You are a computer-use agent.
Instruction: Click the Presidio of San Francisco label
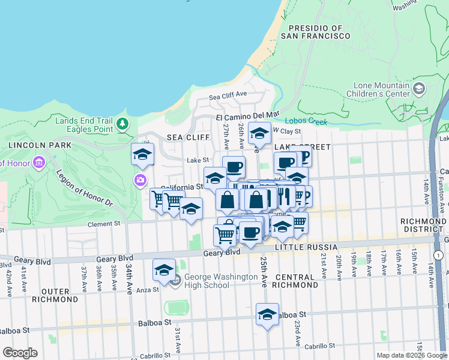pos(319,32)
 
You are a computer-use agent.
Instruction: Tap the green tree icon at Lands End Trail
pos(123,124)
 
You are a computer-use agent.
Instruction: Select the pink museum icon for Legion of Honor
pos(40,163)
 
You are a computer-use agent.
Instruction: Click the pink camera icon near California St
pos(140,179)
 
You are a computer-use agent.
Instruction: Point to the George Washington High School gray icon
pos(175,280)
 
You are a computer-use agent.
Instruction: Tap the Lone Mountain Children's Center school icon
pos(418,89)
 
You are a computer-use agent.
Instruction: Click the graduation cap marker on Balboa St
pos(268,314)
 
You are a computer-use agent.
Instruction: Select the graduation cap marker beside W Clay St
pos(259,133)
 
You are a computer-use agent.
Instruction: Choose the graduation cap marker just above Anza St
pos(164,270)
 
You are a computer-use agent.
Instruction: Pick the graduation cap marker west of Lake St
pos(143,155)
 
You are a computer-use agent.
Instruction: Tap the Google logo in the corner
pos(20,353)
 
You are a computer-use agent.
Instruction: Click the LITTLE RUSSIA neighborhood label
pos(303,247)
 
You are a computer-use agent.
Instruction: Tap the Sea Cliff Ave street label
pos(228,95)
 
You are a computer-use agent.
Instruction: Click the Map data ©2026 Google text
pos(412,355)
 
